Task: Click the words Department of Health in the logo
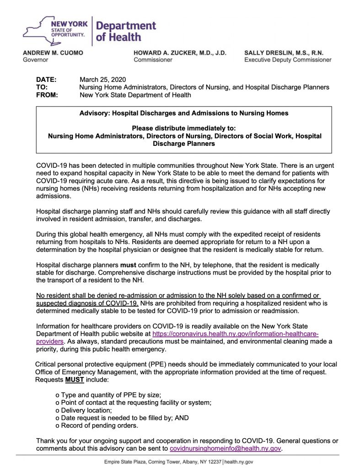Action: click(x=126, y=31)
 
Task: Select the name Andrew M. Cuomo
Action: click(x=53, y=53)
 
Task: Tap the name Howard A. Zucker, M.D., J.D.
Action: click(x=180, y=53)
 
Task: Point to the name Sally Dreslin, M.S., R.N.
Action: click(x=284, y=53)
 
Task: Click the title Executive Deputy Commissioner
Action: click(x=288, y=60)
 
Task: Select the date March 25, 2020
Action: click(x=102, y=79)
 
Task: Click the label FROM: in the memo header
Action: click(x=47, y=95)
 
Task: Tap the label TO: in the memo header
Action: click(x=42, y=87)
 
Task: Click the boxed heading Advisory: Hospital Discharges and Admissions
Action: click(x=184, y=113)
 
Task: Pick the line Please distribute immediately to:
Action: click(x=184, y=128)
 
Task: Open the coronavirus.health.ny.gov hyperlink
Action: click(x=235, y=334)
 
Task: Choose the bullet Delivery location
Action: click(x=83, y=410)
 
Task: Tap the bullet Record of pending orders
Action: click(x=97, y=425)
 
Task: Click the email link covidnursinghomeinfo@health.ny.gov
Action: click(x=225, y=448)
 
